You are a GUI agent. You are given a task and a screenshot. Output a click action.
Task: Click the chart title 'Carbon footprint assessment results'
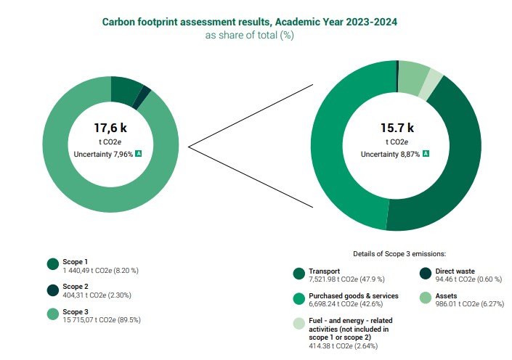[x=249, y=22]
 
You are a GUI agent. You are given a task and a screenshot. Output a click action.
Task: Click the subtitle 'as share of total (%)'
[x=249, y=35]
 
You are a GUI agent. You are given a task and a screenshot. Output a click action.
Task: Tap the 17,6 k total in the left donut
[x=110, y=128]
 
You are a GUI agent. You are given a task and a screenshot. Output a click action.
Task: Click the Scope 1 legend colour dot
[x=52, y=265]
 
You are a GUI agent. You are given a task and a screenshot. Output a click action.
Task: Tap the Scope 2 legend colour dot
[x=52, y=290]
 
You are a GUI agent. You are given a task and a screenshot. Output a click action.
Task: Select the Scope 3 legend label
[x=76, y=311]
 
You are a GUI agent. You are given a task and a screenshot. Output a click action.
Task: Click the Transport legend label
[x=325, y=270]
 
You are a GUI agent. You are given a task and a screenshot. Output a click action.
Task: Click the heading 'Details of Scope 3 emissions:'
[x=399, y=253]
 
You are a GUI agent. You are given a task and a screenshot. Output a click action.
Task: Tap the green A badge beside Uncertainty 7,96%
[x=139, y=153]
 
